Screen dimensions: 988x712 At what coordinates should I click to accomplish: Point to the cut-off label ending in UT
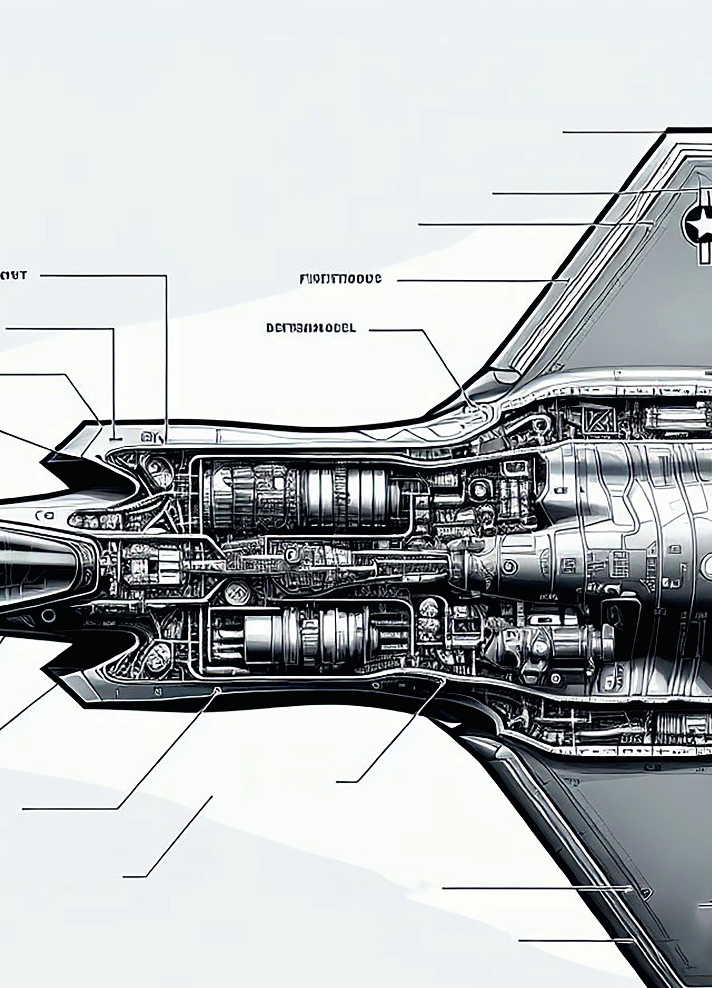point(13,275)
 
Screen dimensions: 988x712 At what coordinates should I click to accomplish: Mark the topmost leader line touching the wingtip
point(614,132)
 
